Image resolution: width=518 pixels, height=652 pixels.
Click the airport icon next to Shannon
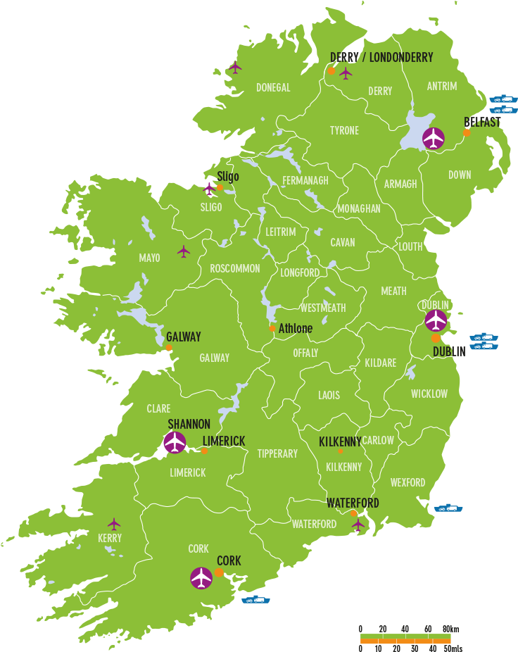[x=175, y=443]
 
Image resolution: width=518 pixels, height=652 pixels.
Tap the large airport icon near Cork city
[x=201, y=578]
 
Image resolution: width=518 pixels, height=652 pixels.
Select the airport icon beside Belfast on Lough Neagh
[x=434, y=138]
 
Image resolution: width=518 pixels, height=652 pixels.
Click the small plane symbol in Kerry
[x=114, y=524]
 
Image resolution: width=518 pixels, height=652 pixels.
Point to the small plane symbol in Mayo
[x=184, y=251]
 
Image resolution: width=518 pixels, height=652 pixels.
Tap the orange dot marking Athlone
[x=272, y=328]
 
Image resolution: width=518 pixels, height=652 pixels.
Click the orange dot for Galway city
[x=169, y=348]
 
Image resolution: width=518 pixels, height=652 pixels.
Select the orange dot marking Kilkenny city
[x=341, y=451]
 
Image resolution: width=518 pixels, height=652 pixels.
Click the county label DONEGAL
[x=273, y=88]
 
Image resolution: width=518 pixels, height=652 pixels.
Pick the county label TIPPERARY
[x=277, y=454]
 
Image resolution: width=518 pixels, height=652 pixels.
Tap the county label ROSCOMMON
[x=235, y=269]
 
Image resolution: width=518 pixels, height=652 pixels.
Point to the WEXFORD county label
[x=408, y=483]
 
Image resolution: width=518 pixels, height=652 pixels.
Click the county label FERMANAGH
[x=305, y=181]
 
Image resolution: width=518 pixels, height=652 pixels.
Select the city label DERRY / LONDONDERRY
[x=381, y=58]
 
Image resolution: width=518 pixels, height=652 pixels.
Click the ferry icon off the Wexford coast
[x=448, y=508]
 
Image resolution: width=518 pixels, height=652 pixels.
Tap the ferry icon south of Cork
[x=255, y=600]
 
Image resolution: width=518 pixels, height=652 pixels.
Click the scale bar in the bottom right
[x=405, y=639]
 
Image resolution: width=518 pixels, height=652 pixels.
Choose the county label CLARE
[x=158, y=409]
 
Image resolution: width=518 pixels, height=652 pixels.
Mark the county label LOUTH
[x=410, y=247]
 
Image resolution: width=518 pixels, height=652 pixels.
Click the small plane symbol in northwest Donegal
[x=235, y=68]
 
